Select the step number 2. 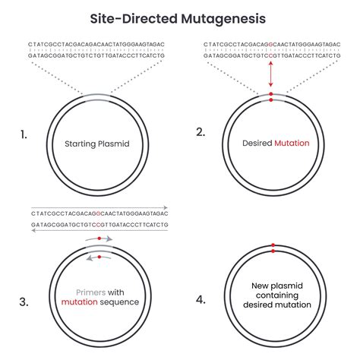coord(201,132)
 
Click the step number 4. coord(201,299)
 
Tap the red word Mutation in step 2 coord(291,142)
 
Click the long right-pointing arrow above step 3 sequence coord(99,207)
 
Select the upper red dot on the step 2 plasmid coord(270,94)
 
